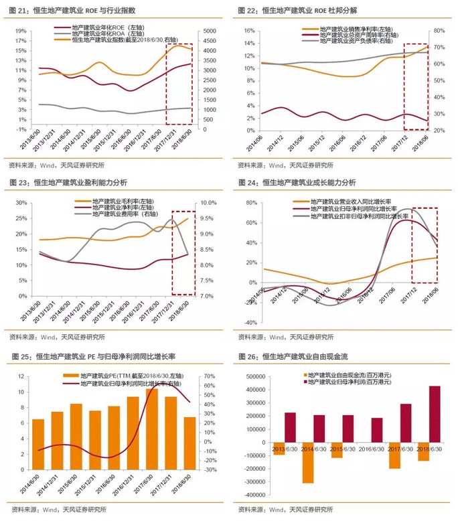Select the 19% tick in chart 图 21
19,31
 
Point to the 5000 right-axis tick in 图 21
209,31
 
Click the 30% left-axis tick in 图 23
19,202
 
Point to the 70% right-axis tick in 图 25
208,376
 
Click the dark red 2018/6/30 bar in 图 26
434,415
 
